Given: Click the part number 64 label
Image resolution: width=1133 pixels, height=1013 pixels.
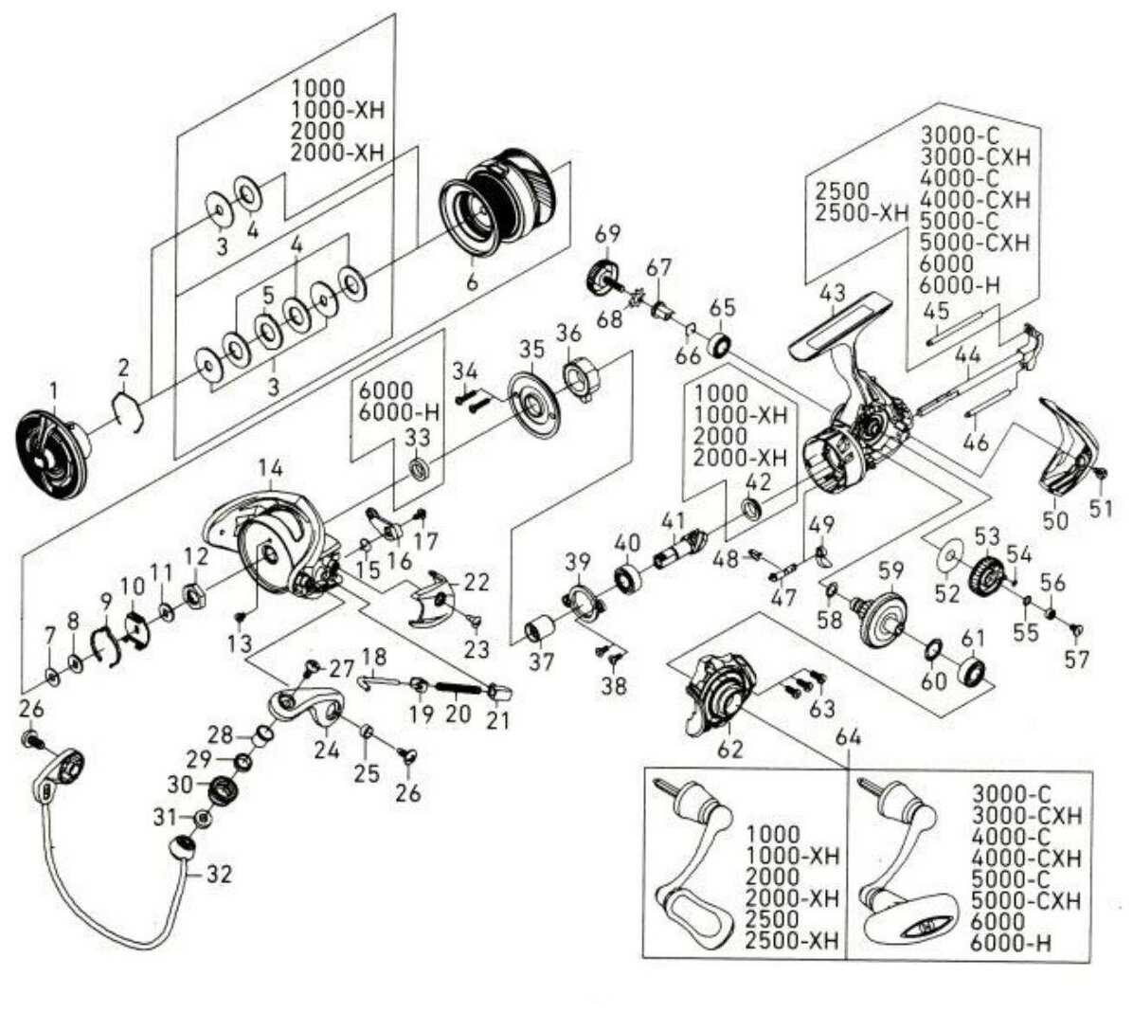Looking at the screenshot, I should pyautogui.click(x=846, y=736).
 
